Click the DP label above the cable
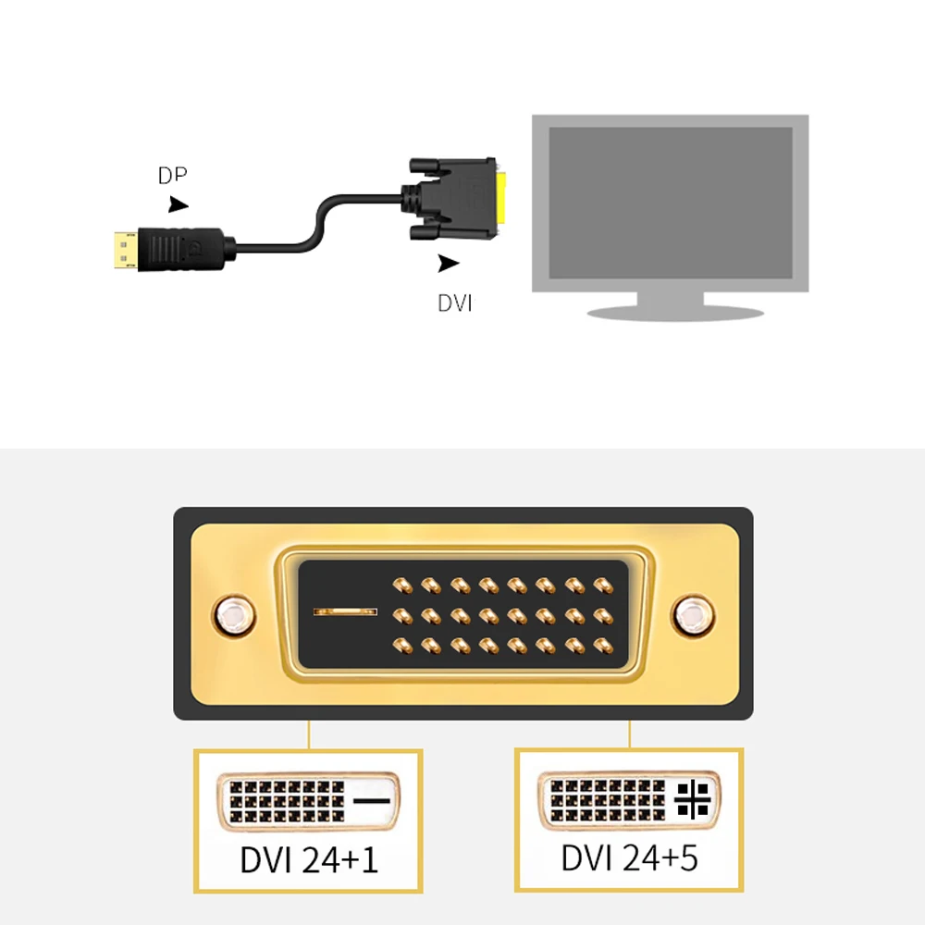pyautogui.click(x=172, y=176)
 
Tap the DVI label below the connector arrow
pyautogui.click(x=455, y=302)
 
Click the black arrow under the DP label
pyautogui.click(x=178, y=204)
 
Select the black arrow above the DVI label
pyautogui.click(x=449, y=264)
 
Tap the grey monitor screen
pyautogui.click(x=671, y=202)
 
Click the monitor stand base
pyautogui.click(x=675, y=312)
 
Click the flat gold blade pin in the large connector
pyautogui.click(x=345, y=611)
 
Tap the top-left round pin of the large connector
pyautogui.click(x=401, y=585)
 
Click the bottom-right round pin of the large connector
pyautogui.click(x=603, y=644)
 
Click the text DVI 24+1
pyautogui.click(x=308, y=860)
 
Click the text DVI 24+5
pyautogui.click(x=629, y=857)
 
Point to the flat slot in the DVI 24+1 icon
pyautogui.click(x=372, y=798)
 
